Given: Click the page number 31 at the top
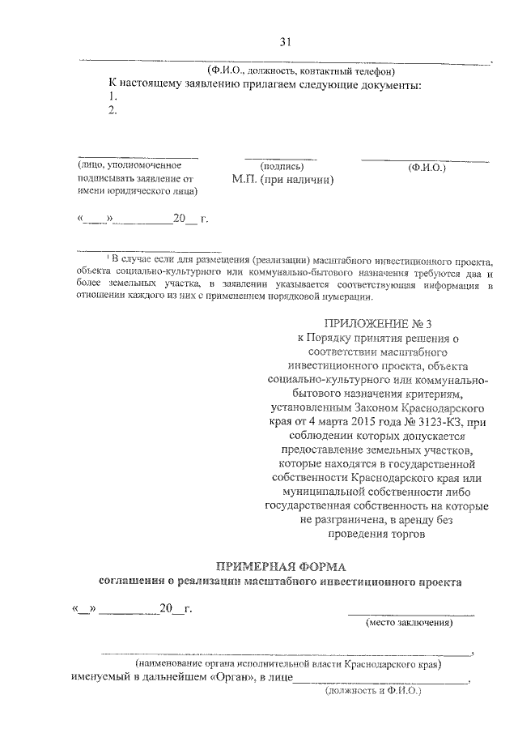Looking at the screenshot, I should click(284, 42).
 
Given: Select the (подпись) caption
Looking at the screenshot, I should click(281, 166).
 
